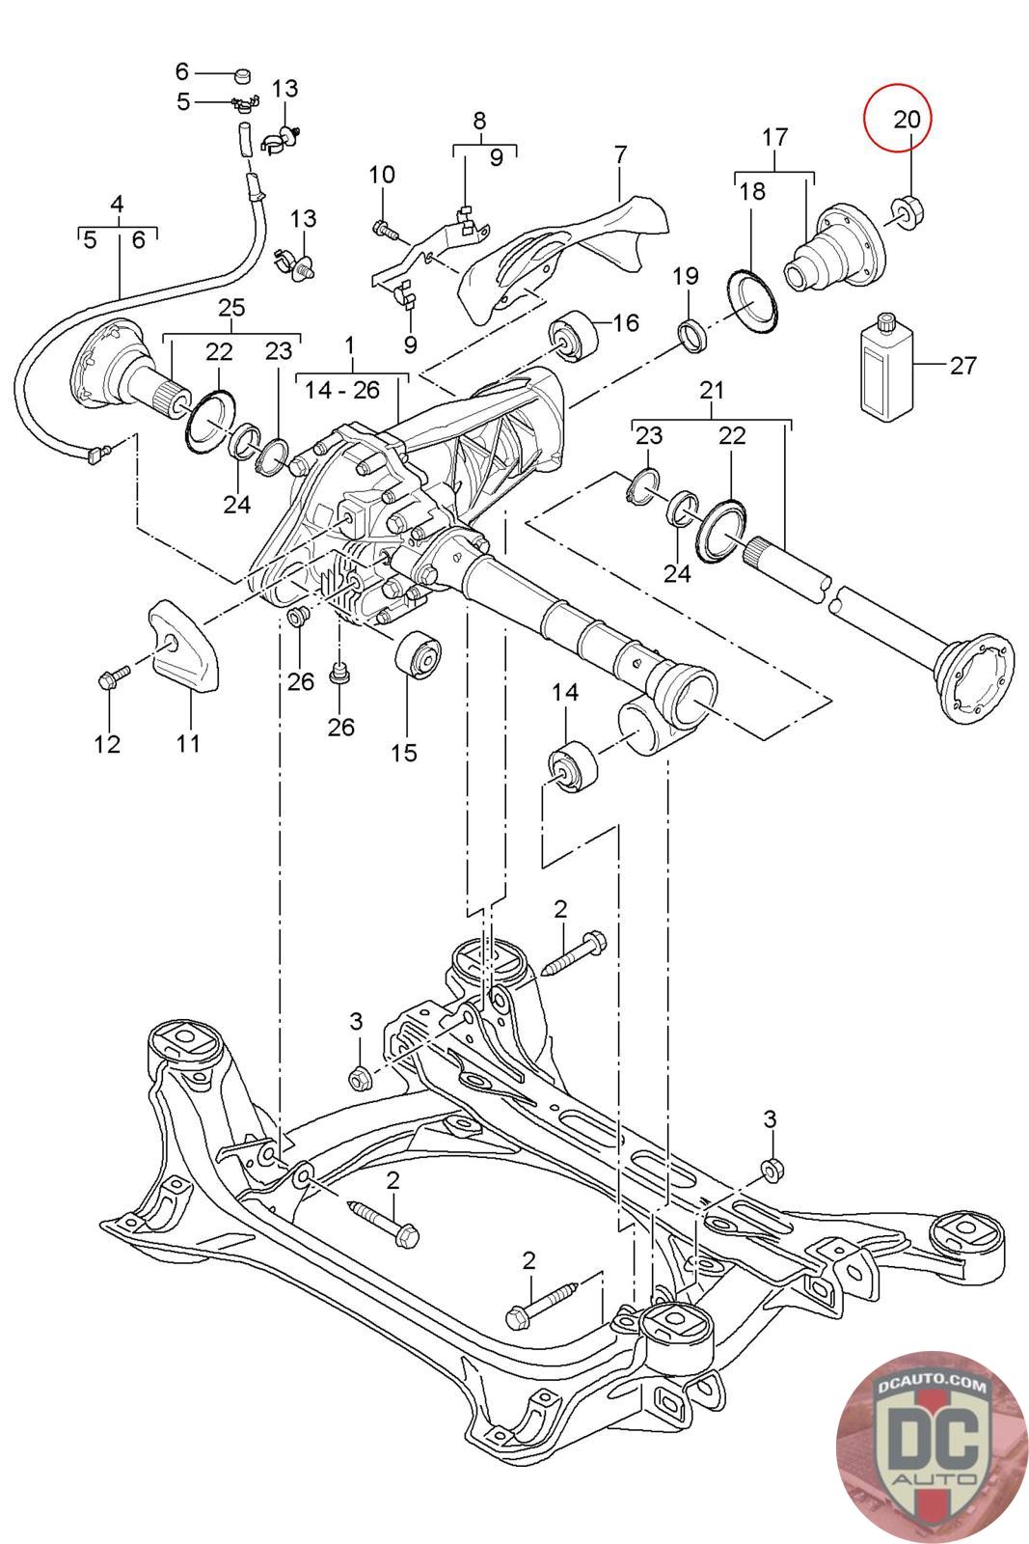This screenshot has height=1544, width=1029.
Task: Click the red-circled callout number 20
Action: coord(906,119)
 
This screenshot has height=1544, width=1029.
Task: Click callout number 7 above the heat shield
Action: coord(620,154)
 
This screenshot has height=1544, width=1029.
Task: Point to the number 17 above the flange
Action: coord(774,137)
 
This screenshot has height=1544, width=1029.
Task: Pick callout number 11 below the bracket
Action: coord(189,742)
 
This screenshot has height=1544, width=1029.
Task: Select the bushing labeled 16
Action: coord(574,337)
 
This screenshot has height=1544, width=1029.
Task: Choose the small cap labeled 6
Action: coord(241,73)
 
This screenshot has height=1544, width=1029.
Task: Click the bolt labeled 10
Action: coord(383,230)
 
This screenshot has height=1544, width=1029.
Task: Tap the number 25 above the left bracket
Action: coord(231,308)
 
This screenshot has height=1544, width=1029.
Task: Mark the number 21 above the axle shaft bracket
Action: coord(711,391)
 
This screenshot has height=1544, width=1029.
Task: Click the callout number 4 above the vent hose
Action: coord(117,204)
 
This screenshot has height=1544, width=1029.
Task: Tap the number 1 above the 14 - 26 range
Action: coord(350,345)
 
